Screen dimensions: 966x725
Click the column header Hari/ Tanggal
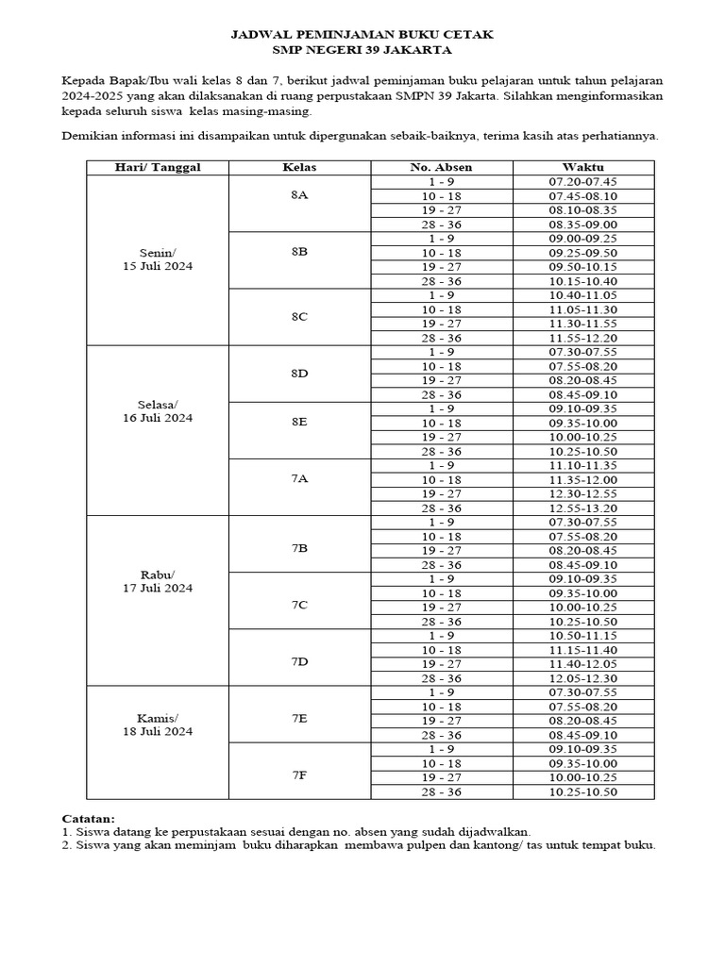coord(158,168)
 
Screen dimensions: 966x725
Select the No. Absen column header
coord(441,168)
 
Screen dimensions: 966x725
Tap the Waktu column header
coord(583,168)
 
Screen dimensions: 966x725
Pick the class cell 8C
coord(299,317)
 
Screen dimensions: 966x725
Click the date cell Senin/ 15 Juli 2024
coord(158,259)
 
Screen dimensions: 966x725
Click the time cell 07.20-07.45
coord(583,182)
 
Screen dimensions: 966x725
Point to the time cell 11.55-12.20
coord(583,338)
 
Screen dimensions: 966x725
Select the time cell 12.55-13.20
coord(583,508)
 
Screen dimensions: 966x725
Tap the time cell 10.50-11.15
coord(583,636)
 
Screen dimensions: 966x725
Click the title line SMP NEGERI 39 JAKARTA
coord(362,50)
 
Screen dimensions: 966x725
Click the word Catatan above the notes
coord(88,819)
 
